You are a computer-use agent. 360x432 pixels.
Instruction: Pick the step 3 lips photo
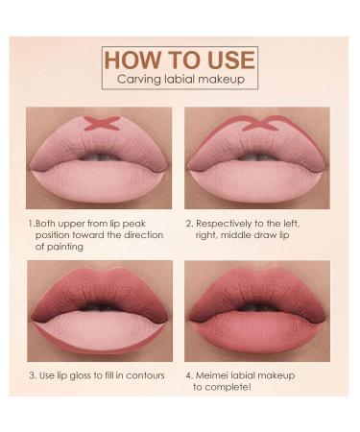pos(99,307)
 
